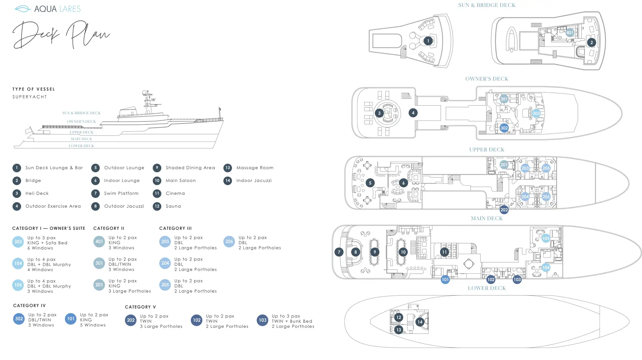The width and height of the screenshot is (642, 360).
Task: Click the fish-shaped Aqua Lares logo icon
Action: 23,9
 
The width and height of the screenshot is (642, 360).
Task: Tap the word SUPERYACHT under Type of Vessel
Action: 30,97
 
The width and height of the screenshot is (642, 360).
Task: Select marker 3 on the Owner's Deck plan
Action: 379,113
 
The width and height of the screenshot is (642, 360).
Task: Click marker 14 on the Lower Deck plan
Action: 420,322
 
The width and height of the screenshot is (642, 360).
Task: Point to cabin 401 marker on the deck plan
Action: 570,33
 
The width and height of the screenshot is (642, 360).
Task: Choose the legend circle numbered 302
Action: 19,319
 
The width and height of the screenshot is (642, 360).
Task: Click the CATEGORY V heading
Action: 140,307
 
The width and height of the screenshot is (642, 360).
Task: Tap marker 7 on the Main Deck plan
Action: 339,252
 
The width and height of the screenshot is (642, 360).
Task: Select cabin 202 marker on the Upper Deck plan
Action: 504,210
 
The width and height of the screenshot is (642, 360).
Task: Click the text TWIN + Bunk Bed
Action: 292,321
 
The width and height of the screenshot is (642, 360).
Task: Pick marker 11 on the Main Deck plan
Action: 444,252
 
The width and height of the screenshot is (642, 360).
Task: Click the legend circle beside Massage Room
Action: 228,168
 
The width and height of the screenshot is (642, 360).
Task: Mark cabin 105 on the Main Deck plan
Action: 546,238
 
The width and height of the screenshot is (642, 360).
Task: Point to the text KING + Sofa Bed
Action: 47,243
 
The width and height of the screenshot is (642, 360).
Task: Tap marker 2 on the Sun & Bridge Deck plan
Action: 591,42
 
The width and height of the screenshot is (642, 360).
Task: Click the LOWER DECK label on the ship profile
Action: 81,146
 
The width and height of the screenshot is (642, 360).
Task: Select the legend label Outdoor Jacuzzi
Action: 124,206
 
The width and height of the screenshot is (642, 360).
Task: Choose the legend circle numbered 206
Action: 229,242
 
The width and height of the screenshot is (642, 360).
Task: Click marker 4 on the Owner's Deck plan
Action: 413,113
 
